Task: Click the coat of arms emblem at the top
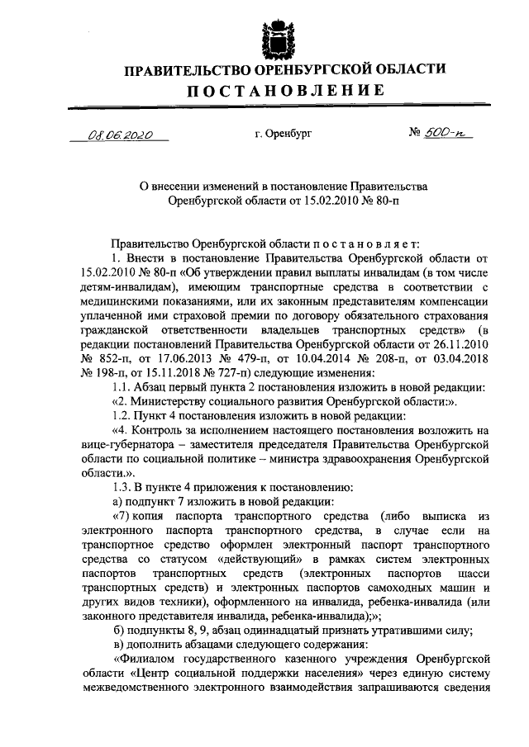pos(274,38)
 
